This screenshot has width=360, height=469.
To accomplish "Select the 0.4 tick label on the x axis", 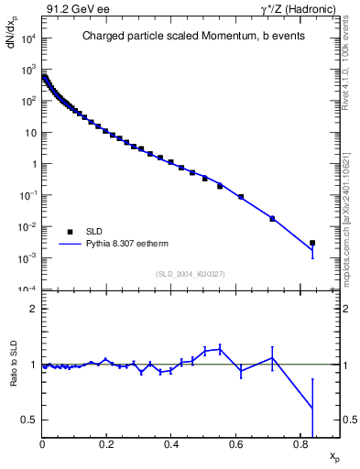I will pyautogui.click(x=171, y=446).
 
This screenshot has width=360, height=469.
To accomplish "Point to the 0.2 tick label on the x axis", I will pyautogui.click(x=107, y=446).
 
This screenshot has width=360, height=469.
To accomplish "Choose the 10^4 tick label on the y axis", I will pyautogui.click(x=28, y=38).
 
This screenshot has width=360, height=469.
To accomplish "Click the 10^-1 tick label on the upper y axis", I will pyautogui.click(x=28, y=195).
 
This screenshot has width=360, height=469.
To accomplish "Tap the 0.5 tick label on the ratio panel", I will pyautogui.click(x=30, y=420).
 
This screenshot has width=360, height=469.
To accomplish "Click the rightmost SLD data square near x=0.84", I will pyautogui.click(x=312, y=243).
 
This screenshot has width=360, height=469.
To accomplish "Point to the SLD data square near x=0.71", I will pyautogui.click(x=272, y=218).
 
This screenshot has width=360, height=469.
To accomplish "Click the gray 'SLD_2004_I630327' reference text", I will pyautogui.click(x=191, y=273).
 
